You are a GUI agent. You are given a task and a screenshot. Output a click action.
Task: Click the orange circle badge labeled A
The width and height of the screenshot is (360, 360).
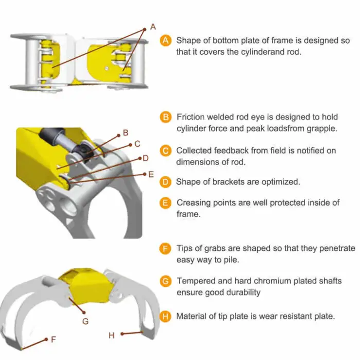(166, 41)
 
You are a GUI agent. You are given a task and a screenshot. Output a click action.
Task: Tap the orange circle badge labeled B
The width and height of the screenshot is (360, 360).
(166, 117)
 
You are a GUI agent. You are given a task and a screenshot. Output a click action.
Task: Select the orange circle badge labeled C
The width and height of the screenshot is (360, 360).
(166, 151)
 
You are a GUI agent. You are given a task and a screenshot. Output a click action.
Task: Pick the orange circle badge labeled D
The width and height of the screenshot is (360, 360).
(166, 182)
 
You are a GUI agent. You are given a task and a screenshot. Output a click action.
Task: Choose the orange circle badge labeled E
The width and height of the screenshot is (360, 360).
(166, 203)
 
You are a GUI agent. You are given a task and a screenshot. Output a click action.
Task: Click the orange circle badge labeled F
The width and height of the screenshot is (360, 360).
(165, 249)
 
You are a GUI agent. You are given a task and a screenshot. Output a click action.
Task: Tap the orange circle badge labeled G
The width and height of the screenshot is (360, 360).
(166, 281)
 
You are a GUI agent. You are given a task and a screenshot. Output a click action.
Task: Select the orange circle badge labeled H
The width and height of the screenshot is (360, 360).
(165, 317)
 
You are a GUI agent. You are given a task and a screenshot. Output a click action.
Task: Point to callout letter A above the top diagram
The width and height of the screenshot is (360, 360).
(153, 27)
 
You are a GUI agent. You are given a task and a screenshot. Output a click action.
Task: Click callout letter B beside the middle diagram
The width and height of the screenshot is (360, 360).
(125, 133)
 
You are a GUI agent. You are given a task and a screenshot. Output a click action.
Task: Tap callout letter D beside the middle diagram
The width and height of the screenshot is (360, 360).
(146, 158)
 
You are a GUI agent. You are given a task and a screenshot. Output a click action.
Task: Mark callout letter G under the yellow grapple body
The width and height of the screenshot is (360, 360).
(85, 321)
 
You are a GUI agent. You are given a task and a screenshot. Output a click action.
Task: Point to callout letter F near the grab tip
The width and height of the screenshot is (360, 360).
(53, 339)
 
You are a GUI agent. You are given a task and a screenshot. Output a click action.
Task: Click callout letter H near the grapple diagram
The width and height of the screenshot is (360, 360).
(112, 335)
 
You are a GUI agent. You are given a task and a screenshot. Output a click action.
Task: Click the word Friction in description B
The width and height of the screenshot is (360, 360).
(191, 117)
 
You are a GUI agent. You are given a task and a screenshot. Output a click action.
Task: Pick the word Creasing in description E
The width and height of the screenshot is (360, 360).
(193, 203)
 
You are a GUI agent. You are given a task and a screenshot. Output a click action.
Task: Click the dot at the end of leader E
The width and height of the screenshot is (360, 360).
(145, 174)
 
